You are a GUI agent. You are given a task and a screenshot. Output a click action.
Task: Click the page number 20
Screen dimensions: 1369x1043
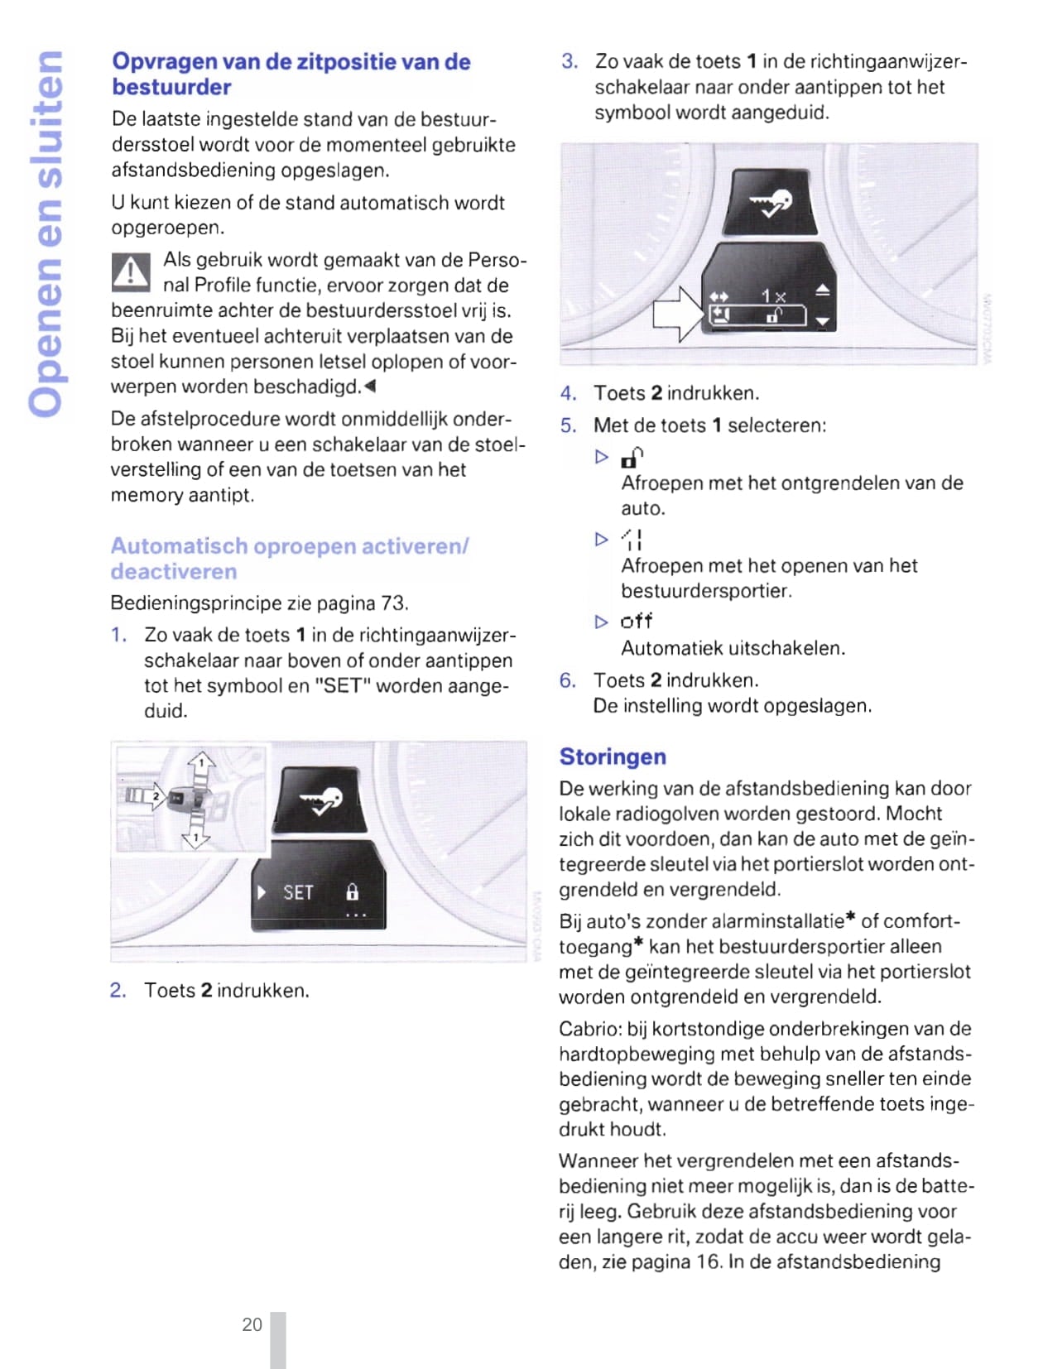pos(252,1324)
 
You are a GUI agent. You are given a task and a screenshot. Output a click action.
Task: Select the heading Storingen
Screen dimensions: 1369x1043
pos(613,757)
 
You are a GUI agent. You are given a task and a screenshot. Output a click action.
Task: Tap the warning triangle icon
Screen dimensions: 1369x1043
pos(131,273)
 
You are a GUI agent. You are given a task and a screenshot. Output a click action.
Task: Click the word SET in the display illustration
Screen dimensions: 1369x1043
pos(298,892)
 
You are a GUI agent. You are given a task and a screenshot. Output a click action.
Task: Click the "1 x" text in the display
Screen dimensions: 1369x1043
pos(773,295)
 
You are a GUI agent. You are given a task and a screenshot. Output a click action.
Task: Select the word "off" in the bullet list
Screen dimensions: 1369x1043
pos(636,621)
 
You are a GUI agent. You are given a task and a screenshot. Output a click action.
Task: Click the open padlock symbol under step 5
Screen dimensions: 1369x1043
pos(632,457)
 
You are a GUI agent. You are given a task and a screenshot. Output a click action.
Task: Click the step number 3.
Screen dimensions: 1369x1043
pos(569,61)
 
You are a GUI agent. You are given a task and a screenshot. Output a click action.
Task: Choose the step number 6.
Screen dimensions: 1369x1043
pos(567,680)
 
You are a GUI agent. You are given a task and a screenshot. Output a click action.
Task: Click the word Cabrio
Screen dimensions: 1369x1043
pos(589,1029)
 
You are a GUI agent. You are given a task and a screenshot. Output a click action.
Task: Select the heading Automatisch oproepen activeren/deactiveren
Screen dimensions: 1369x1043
pos(289,559)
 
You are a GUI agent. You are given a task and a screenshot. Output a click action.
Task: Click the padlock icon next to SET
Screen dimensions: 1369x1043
pos(353,892)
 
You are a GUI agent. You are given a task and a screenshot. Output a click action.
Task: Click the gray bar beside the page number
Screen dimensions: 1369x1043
pos(278,1339)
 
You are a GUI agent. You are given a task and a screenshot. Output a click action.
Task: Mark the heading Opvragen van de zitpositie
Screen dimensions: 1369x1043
pos(291,74)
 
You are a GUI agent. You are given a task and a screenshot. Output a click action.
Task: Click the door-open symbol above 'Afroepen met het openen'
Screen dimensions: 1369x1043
pos(632,540)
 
